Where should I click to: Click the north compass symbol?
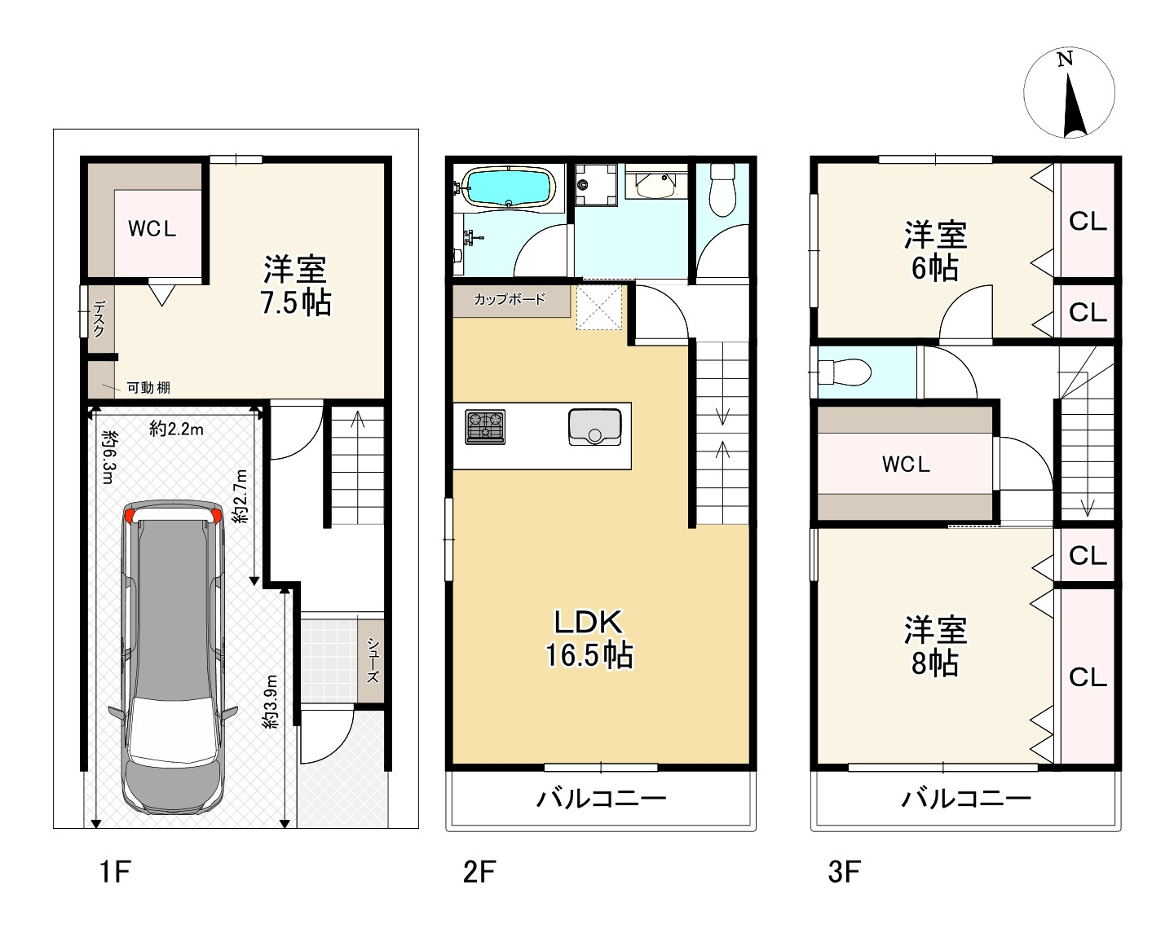[x=1069, y=93]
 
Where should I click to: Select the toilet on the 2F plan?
[x=722, y=191]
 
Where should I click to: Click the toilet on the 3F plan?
[x=845, y=372]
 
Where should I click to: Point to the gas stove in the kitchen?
[x=485, y=427]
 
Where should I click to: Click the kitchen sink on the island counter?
[x=594, y=427]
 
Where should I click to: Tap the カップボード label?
[x=510, y=300]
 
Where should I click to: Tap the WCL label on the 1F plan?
[x=152, y=229]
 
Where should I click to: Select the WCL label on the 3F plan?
[x=906, y=465]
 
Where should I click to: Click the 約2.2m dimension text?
[x=176, y=429]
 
